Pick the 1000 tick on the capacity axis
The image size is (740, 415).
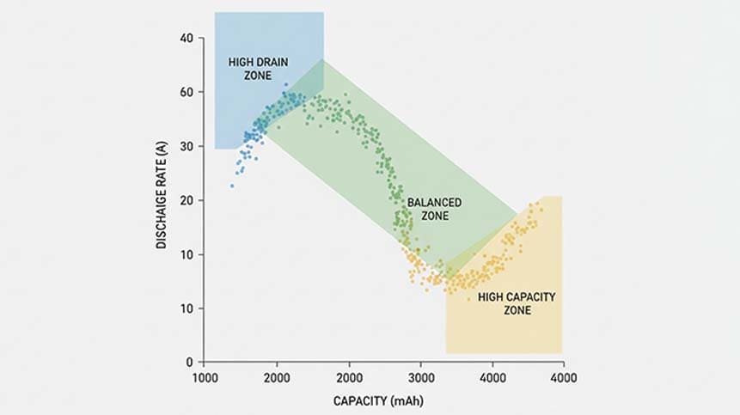pos(205,377)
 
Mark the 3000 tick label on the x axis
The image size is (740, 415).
pos(419,377)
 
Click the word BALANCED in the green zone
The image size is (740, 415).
pos(434,202)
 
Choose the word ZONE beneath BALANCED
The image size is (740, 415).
pos(435,216)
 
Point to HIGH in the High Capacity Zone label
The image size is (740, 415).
pos(489,296)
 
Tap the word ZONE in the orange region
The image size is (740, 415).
pos(517,310)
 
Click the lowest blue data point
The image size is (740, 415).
pos(231,185)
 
